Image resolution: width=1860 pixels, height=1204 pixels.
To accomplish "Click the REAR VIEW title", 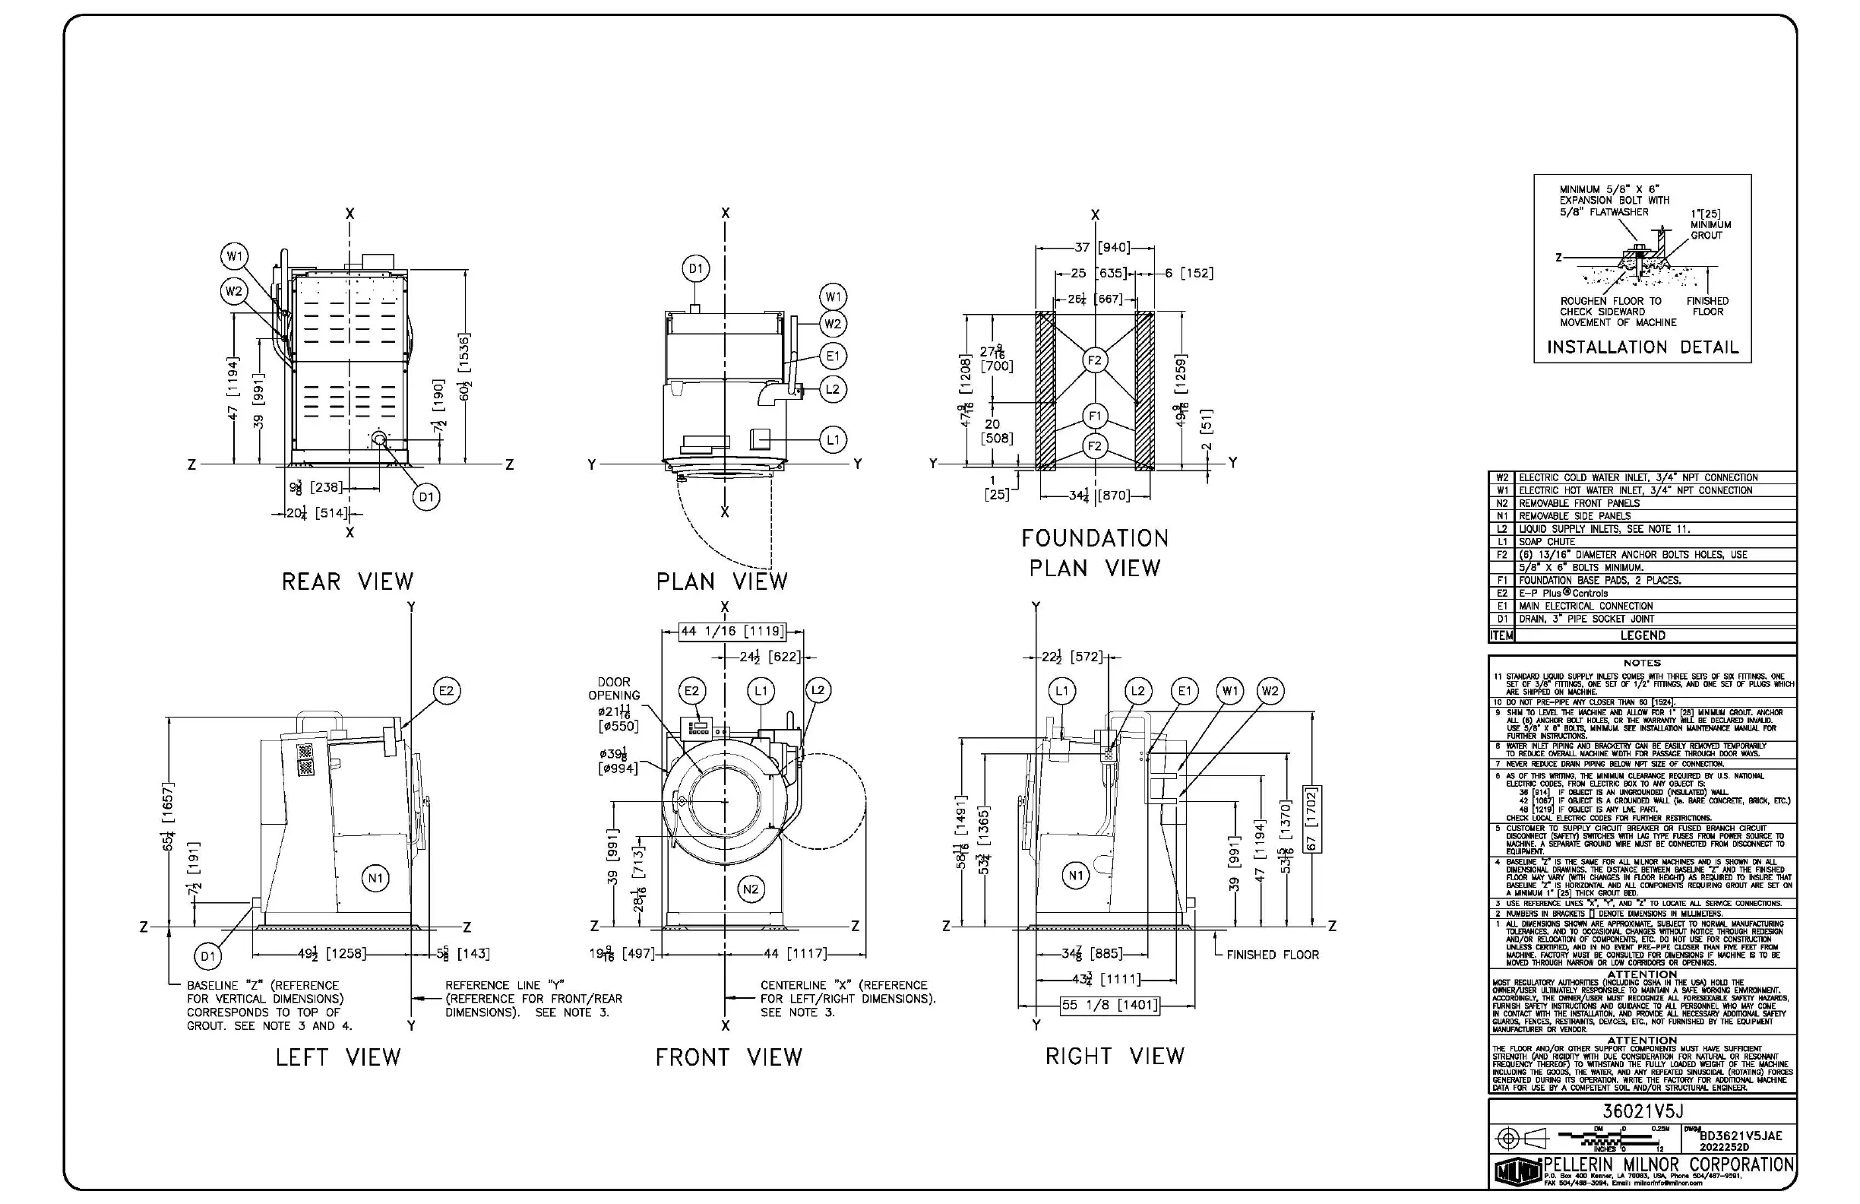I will (x=348, y=581).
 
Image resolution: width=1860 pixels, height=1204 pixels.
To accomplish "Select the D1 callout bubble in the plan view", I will (x=694, y=269).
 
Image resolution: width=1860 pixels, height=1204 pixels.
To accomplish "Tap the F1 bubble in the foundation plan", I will (x=1094, y=416).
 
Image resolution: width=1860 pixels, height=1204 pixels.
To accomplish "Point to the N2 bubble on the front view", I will (x=750, y=889).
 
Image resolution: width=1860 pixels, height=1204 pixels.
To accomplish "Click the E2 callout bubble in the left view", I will (x=446, y=691).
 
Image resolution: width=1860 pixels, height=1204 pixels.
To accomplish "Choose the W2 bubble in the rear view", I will (x=234, y=292).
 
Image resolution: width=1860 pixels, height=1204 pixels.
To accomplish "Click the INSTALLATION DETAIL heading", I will (x=1642, y=347).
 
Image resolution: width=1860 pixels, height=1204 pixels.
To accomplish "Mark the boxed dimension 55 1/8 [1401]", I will (x=1109, y=1005).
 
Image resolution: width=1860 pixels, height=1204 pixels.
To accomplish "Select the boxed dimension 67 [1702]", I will (x=1312, y=819).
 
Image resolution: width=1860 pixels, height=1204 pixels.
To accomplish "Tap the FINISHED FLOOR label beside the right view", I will (x=1273, y=955).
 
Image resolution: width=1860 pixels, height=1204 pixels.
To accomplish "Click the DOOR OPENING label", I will (x=614, y=689).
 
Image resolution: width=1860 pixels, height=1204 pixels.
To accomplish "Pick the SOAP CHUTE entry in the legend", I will (x=1547, y=542).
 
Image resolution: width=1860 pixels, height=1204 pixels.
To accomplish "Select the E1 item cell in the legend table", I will (x=1501, y=606).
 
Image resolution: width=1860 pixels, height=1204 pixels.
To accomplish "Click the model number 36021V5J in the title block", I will (x=1642, y=1111).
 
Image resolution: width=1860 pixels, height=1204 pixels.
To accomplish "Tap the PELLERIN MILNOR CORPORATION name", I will (x=1669, y=1165).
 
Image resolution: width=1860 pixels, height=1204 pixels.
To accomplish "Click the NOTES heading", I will (x=1641, y=663).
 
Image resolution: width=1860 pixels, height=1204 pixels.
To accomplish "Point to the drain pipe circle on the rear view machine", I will (x=380, y=439).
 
